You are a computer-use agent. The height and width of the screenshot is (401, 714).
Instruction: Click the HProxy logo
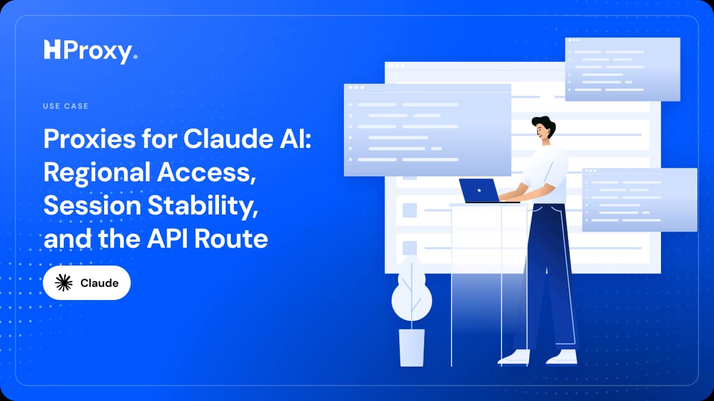coord(91,52)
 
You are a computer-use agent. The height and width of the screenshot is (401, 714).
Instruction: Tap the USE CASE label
coord(65,106)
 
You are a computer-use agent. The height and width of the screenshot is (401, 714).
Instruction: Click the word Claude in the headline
coord(228,139)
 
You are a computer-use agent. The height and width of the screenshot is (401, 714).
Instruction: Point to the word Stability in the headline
coord(203,206)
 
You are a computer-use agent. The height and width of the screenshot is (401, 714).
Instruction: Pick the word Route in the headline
coord(231,239)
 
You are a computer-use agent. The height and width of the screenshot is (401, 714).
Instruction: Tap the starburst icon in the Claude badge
coord(64,283)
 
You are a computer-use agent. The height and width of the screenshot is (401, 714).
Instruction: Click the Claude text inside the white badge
coord(99,283)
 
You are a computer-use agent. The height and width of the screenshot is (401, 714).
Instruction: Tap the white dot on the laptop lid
coord(479,191)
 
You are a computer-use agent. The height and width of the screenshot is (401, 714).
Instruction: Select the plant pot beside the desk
coord(412,348)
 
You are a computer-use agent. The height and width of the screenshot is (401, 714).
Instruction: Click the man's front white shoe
coord(514,357)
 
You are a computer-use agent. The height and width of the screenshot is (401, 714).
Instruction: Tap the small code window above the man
coord(622,69)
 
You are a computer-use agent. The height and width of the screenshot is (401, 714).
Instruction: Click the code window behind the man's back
coord(640,200)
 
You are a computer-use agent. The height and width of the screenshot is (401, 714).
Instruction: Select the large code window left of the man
coord(427,130)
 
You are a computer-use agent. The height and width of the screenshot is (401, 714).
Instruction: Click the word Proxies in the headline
coord(90,139)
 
